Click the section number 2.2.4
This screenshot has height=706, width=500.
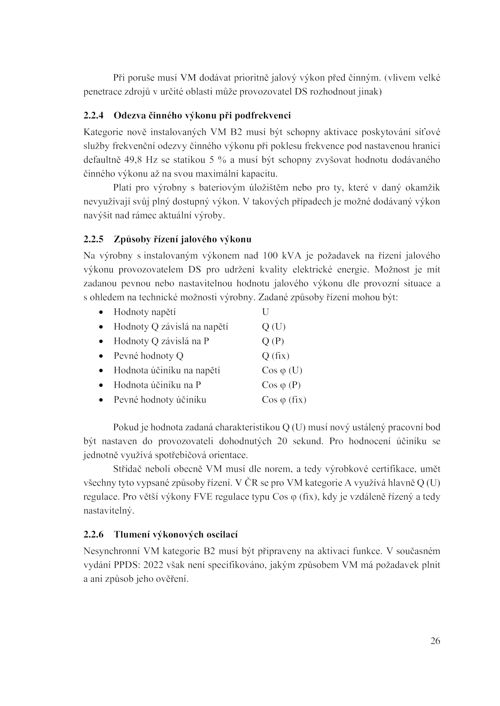click(93, 116)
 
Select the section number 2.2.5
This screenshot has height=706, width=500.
click(93, 239)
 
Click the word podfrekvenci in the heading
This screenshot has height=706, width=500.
click(262, 116)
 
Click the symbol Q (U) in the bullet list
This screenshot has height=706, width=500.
click(273, 327)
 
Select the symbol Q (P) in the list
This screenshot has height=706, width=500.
click(273, 341)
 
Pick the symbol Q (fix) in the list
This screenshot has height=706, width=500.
click(275, 356)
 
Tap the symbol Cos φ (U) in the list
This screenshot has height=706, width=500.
click(282, 370)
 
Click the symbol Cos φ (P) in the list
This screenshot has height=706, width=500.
click(281, 385)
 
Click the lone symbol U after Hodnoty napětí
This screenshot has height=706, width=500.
click(265, 312)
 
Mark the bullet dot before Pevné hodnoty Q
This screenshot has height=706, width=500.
click(101, 356)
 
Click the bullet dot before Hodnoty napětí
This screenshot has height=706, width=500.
click(101, 312)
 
